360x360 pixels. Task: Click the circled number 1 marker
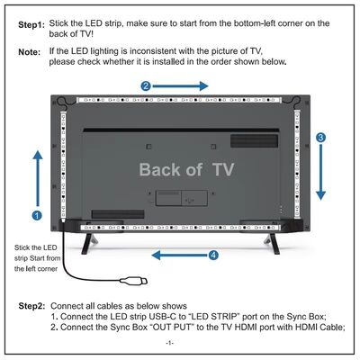36,215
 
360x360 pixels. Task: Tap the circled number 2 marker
146,85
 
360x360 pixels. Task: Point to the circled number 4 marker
213,255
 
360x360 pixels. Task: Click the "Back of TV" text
185,169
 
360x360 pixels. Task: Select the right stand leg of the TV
267,240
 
